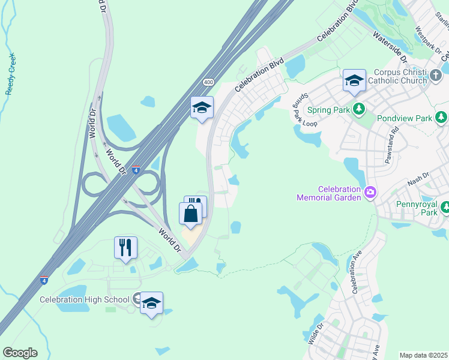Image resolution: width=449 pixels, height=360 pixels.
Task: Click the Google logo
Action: [20, 353]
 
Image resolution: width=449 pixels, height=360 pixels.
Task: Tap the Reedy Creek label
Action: [10, 75]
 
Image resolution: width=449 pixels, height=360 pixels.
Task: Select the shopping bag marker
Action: [190, 214]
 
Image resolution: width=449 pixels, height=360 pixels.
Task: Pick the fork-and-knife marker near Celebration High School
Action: [125, 247]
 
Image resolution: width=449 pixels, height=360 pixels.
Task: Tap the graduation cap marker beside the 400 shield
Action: [202, 108]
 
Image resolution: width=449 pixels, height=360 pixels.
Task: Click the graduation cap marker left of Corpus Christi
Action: [354, 81]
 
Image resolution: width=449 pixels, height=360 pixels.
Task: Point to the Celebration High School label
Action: [85, 299]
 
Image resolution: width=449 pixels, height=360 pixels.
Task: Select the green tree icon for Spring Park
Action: [359, 109]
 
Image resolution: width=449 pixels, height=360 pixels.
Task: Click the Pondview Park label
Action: [405, 118]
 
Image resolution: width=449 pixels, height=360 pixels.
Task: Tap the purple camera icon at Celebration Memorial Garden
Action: [370, 193]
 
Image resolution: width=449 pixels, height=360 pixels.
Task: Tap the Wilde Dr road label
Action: [316, 333]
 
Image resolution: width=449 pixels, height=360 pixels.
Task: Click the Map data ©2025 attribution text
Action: [423, 355]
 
